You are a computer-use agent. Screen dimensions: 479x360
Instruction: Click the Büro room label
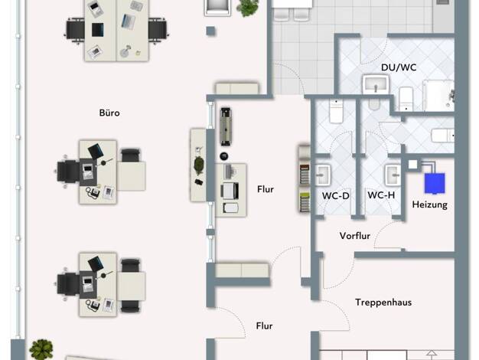click(109, 113)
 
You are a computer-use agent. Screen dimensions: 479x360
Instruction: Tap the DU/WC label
click(399, 67)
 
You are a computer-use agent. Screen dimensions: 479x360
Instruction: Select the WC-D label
click(335, 196)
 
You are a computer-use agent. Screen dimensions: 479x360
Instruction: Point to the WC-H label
click(381, 195)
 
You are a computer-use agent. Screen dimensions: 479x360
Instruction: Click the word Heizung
click(429, 205)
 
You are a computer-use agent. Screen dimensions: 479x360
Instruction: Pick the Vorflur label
click(355, 236)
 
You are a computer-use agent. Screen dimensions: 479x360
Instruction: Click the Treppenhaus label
click(383, 303)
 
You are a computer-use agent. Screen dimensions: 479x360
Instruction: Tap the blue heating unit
click(435, 183)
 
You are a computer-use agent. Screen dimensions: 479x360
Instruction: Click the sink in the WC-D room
click(323, 175)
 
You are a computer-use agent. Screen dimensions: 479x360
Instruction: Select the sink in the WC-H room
click(393, 175)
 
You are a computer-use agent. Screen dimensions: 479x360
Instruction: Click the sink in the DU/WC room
click(376, 84)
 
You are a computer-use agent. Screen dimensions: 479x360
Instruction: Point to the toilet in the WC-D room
click(336, 111)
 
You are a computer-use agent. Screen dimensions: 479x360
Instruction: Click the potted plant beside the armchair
click(247, 8)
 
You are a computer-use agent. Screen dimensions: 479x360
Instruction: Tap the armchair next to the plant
click(217, 7)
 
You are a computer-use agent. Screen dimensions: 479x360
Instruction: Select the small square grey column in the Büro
click(210, 31)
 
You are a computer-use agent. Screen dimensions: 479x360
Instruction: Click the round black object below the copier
click(224, 156)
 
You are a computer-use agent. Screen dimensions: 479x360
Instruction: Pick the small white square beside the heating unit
click(412, 164)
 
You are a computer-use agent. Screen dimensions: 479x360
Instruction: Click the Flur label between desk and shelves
click(266, 189)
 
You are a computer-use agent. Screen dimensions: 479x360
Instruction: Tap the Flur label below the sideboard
click(264, 326)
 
